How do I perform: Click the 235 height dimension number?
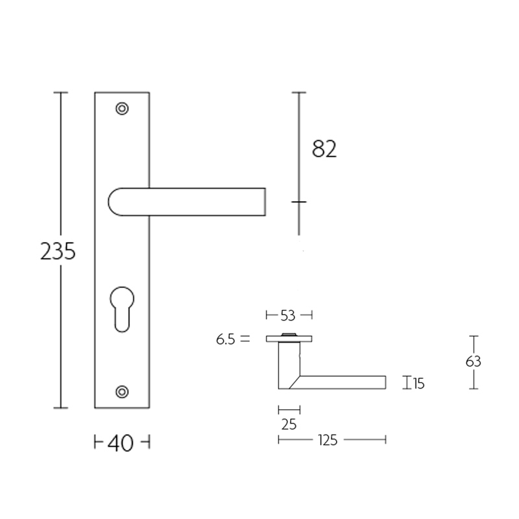[x=58, y=251]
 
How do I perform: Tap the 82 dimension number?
[x=324, y=149]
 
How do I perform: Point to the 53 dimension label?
[x=288, y=316]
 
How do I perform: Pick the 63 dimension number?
[x=474, y=362]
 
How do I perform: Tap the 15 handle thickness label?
[x=418, y=384]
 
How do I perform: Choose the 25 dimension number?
[x=289, y=425]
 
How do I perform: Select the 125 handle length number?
[x=328, y=441]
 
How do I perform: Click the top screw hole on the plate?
[x=121, y=108]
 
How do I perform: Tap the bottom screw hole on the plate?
[x=121, y=391]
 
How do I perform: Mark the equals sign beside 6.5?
[x=244, y=339]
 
